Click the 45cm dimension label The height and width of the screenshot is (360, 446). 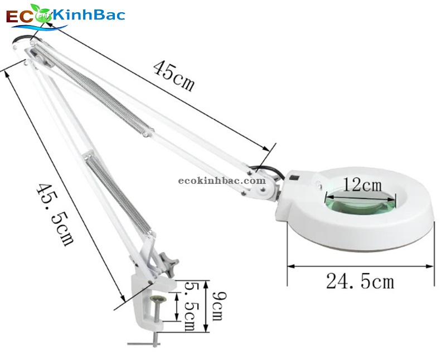coord(174,77)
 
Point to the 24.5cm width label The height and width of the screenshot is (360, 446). coord(360,281)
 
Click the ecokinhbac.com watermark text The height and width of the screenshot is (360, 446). coord(222,181)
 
